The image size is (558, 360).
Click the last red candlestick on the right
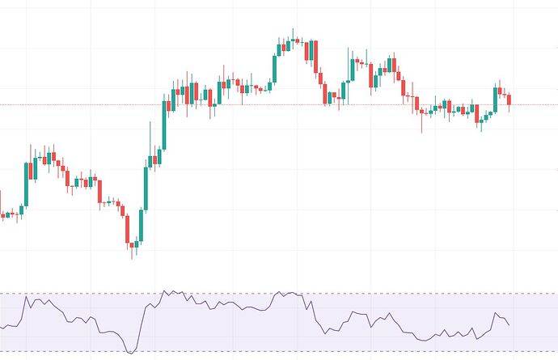(509, 100)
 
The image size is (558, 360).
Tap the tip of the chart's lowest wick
(133, 258)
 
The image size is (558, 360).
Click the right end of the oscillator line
(509, 325)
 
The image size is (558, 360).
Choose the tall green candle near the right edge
(495, 100)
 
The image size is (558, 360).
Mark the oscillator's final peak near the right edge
(495, 312)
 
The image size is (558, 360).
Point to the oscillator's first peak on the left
(27, 298)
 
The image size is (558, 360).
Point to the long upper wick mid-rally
(152, 138)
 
